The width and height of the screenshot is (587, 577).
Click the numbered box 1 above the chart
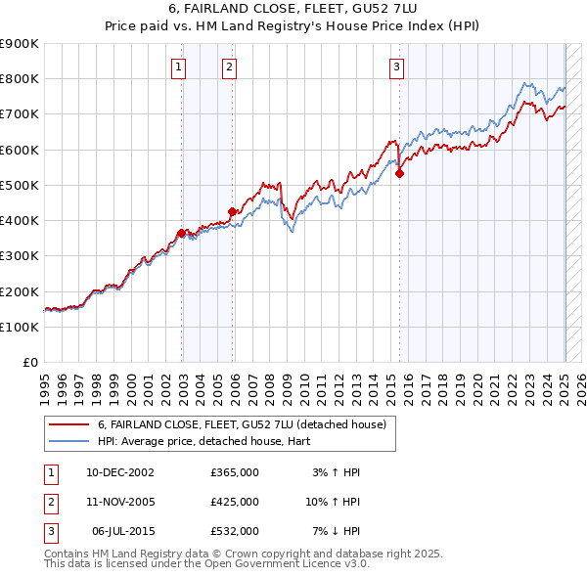(x=179, y=67)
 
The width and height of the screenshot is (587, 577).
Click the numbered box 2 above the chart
(x=228, y=67)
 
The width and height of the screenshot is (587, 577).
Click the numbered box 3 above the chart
(x=396, y=67)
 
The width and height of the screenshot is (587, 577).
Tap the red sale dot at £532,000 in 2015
(x=399, y=174)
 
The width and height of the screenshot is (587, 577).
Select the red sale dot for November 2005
(x=232, y=211)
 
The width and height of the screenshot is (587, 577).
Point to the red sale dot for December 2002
(x=181, y=233)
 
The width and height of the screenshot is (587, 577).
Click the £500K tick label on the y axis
(x=19, y=185)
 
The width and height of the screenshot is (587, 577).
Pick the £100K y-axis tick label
(x=19, y=327)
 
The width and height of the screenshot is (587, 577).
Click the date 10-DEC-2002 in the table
(x=120, y=472)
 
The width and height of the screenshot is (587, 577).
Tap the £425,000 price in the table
(x=235, y=502)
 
